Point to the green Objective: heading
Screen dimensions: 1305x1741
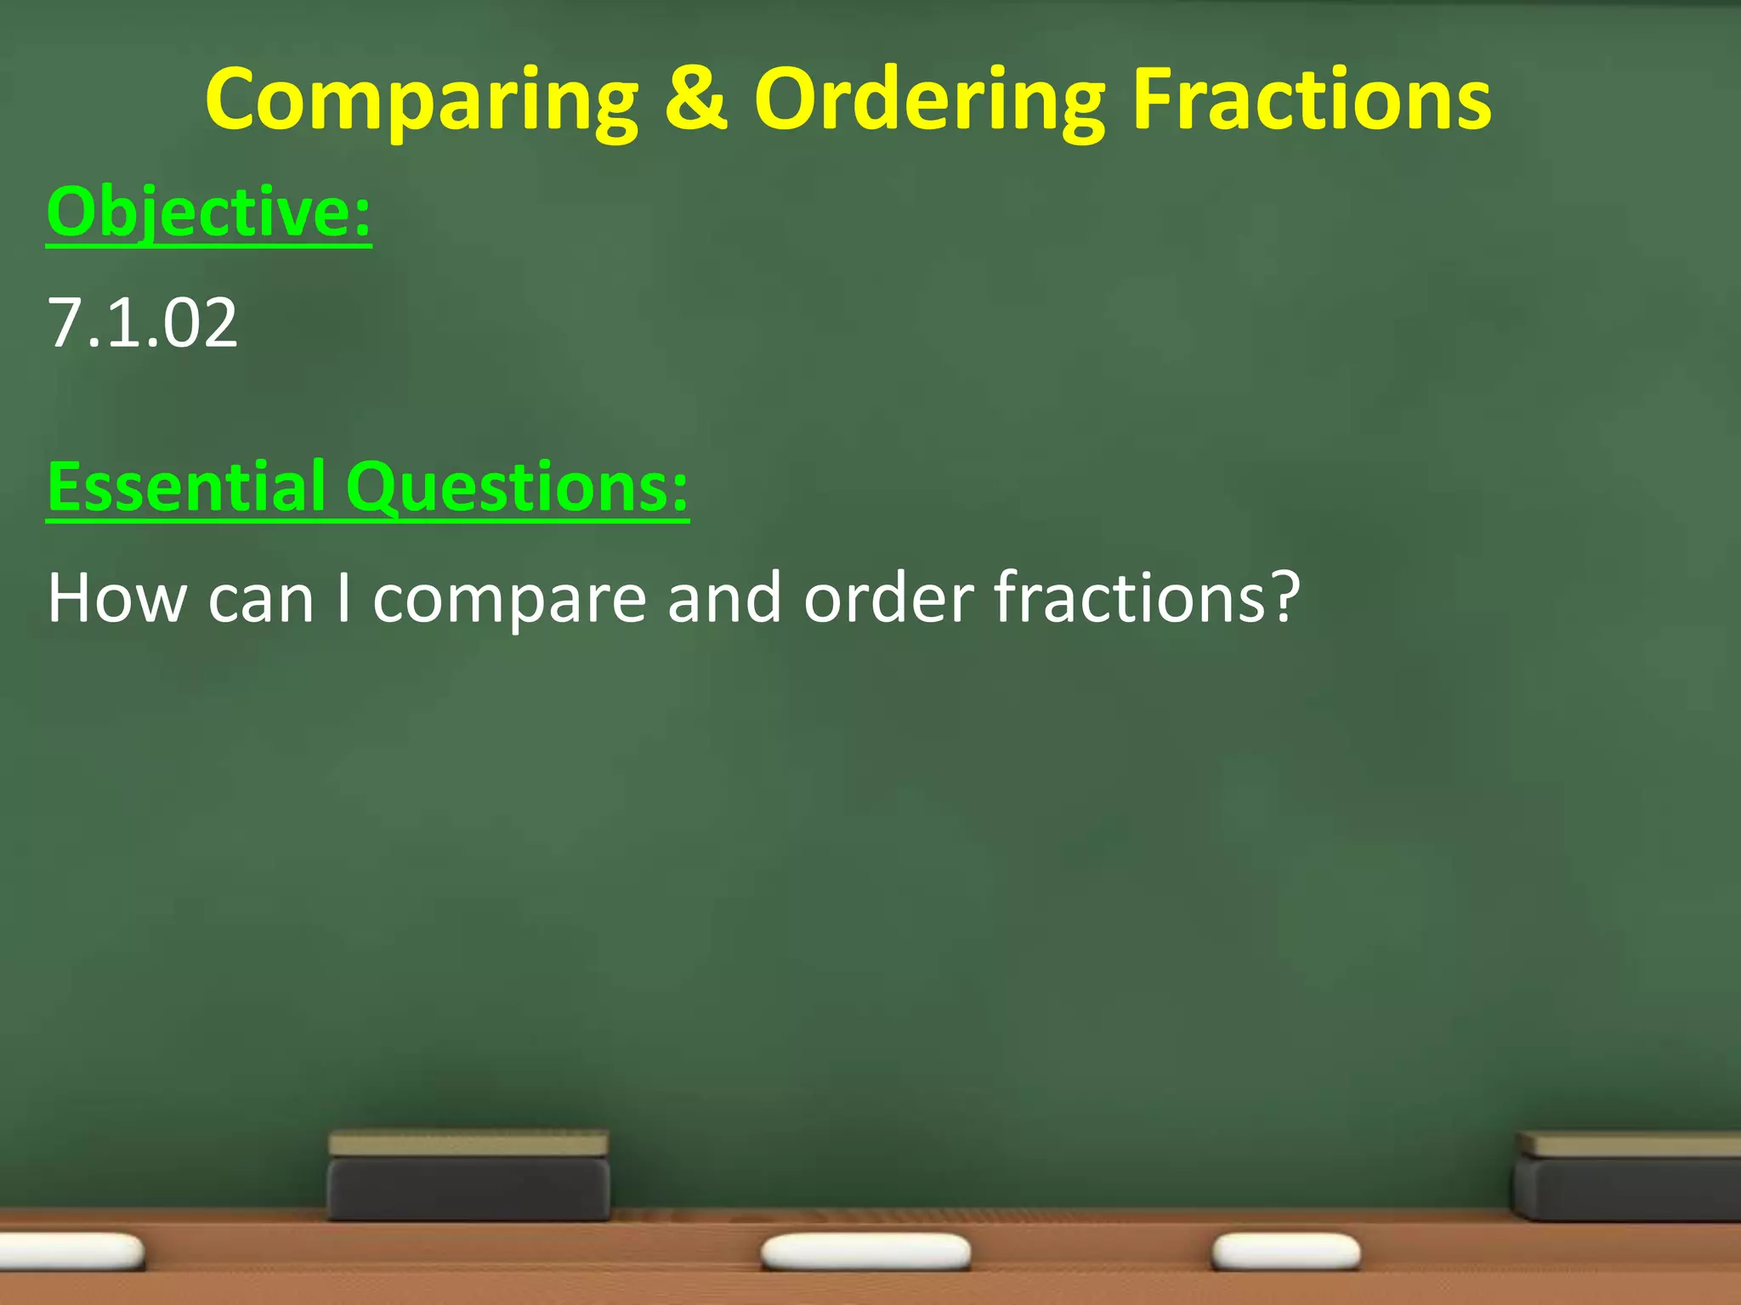coord(209,212)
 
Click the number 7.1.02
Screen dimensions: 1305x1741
coord(143,323)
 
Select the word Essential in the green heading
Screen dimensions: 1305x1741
coord(186,486)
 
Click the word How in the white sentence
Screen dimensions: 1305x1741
coord(117,598)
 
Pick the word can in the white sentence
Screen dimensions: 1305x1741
coord(261,600)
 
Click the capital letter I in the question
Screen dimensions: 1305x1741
coord(343,598)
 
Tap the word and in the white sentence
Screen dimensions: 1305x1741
coord(723,598)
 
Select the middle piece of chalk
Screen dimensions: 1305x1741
coord(865,1252)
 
